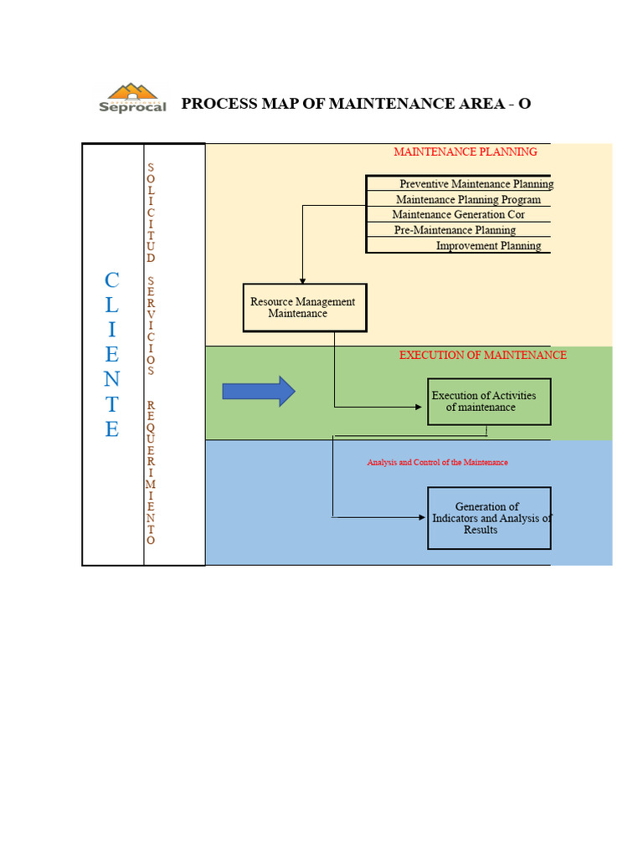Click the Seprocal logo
tap(132, 98)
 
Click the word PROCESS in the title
tap(216, 104)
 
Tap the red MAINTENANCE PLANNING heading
tap(466, 151)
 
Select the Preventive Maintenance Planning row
tap(476, 184)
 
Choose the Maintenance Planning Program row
tap(468, 200)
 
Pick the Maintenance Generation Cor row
tap(458, 215)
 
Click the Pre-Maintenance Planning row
tap(455, 230)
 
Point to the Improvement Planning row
tap(488, 246)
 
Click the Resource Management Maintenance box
tap(304, 307)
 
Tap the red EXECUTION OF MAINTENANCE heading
tap(482, 355)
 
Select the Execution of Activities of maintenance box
tap(488, 402)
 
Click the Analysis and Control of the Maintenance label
tap(437, 463)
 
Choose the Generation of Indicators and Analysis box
tap(489, 518)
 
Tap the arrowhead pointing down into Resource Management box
tap(302, 280)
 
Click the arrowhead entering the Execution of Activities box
tap(422, 408)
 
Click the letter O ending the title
tap(524, 104)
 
